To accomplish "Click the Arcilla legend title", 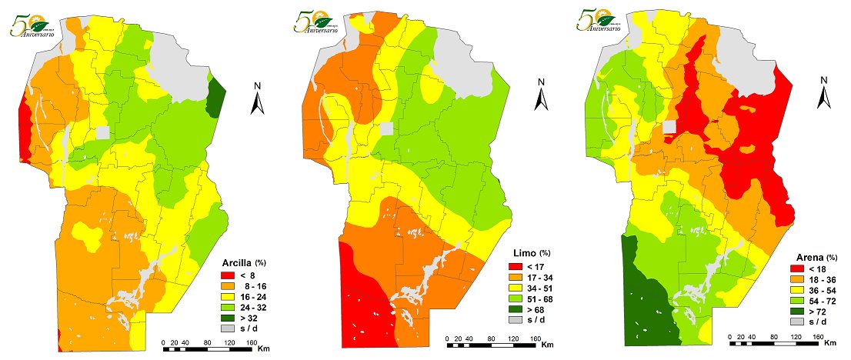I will pyautogui.click(x=239, y=261).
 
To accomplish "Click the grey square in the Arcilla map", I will pyautogui.click(x=103, y=132).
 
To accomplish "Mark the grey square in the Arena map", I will pyautogui.click(x=669, y=126).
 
